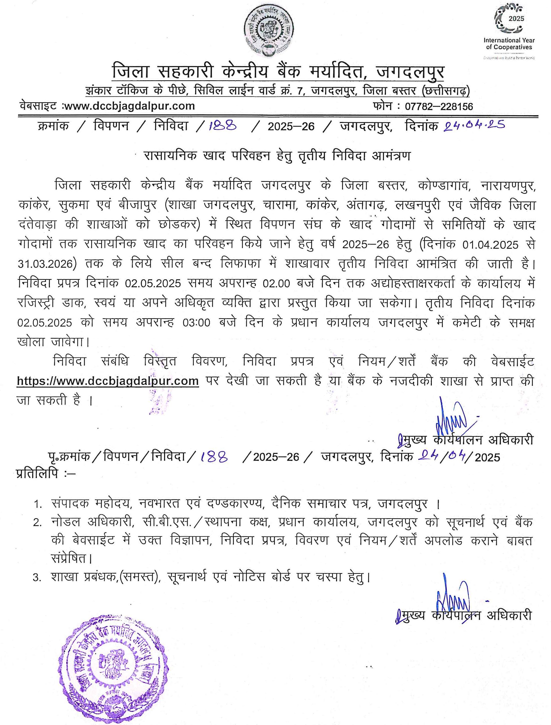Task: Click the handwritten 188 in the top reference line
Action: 223,126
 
